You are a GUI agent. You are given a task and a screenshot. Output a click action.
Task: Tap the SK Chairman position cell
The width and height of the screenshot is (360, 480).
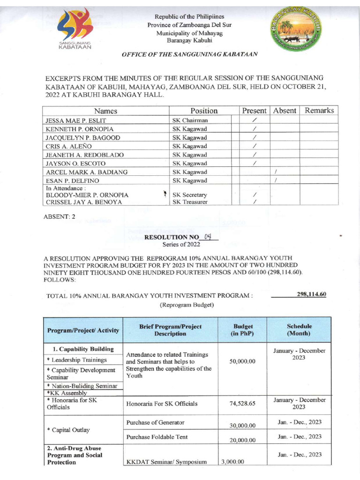tap(190, 120)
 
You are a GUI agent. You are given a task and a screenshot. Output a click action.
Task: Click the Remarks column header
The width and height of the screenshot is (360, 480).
tap(319, 111)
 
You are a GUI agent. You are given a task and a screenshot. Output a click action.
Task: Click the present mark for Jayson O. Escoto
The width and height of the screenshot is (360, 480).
tap(254, 163)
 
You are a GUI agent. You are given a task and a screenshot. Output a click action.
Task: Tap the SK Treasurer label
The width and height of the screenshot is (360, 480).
tap(190, 202)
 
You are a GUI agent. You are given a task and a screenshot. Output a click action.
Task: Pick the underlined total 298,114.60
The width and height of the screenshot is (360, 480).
tap(311, 294)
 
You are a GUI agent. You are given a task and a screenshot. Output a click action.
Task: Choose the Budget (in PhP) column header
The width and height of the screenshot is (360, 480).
tap(242, 330)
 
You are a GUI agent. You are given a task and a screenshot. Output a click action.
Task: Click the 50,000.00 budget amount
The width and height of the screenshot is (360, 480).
tap(242, 362)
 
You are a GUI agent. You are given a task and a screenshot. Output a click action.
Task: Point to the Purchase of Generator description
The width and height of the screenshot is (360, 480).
tap(155, 422)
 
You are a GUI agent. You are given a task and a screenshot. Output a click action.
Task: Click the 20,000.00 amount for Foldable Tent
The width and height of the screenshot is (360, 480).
tap(242, 440)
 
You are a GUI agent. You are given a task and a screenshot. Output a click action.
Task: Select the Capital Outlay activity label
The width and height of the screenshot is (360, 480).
tap(68, 430)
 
